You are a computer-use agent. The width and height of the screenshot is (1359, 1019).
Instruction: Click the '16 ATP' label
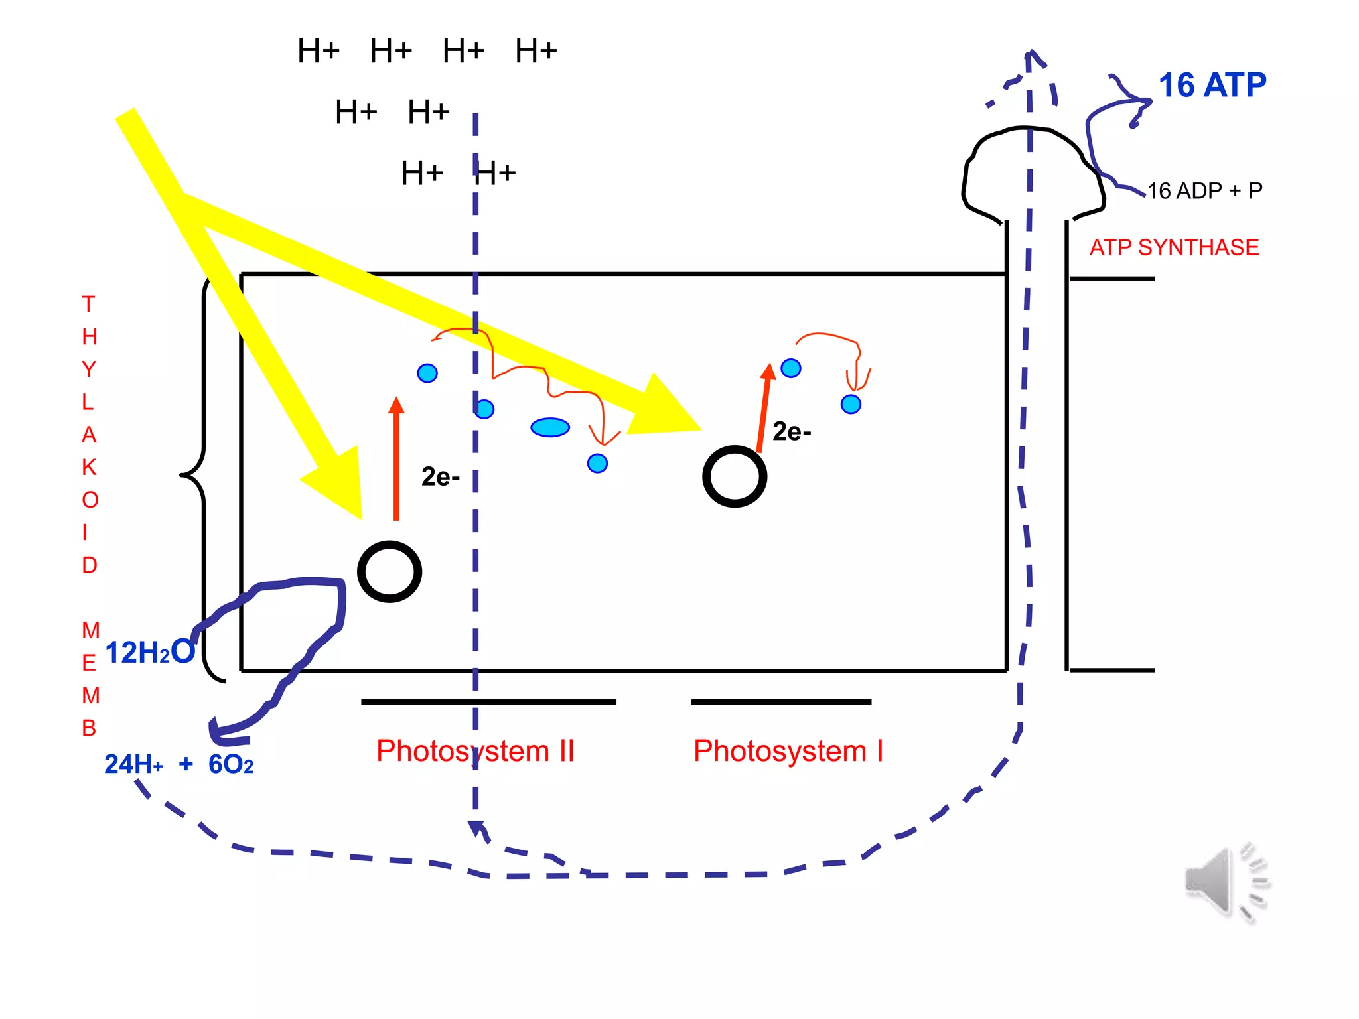coord(1212,86)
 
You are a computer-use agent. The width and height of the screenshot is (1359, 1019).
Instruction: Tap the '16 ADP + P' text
coord(1204,191)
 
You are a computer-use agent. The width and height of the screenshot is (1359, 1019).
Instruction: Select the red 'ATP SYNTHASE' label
coord(1174,247)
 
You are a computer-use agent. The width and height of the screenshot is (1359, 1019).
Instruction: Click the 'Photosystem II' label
coord(475,751)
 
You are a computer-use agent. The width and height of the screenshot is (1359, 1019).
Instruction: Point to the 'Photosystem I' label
coord(788,751)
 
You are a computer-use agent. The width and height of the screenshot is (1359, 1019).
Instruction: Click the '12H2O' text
coord(150,653)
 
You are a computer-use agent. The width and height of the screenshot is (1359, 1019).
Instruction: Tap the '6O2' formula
coord(231,765)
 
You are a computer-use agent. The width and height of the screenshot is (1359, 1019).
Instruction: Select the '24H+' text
coord(133,765)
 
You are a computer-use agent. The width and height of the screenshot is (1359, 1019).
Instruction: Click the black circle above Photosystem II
coord(390,572)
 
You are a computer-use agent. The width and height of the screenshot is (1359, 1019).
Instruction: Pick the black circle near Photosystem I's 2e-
coord(735,476)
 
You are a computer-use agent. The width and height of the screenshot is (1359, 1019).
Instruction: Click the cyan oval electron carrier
coord(550,427)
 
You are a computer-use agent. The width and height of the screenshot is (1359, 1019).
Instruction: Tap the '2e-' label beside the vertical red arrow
coord(440,477)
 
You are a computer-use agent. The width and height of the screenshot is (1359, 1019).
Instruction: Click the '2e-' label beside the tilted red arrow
coord(792,432)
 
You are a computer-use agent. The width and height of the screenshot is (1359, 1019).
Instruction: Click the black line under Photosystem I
coord(781,701)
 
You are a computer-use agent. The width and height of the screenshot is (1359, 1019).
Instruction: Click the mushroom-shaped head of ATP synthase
coord(1033,170)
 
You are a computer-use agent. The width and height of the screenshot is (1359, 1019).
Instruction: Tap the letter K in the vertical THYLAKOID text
coord(89,467)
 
